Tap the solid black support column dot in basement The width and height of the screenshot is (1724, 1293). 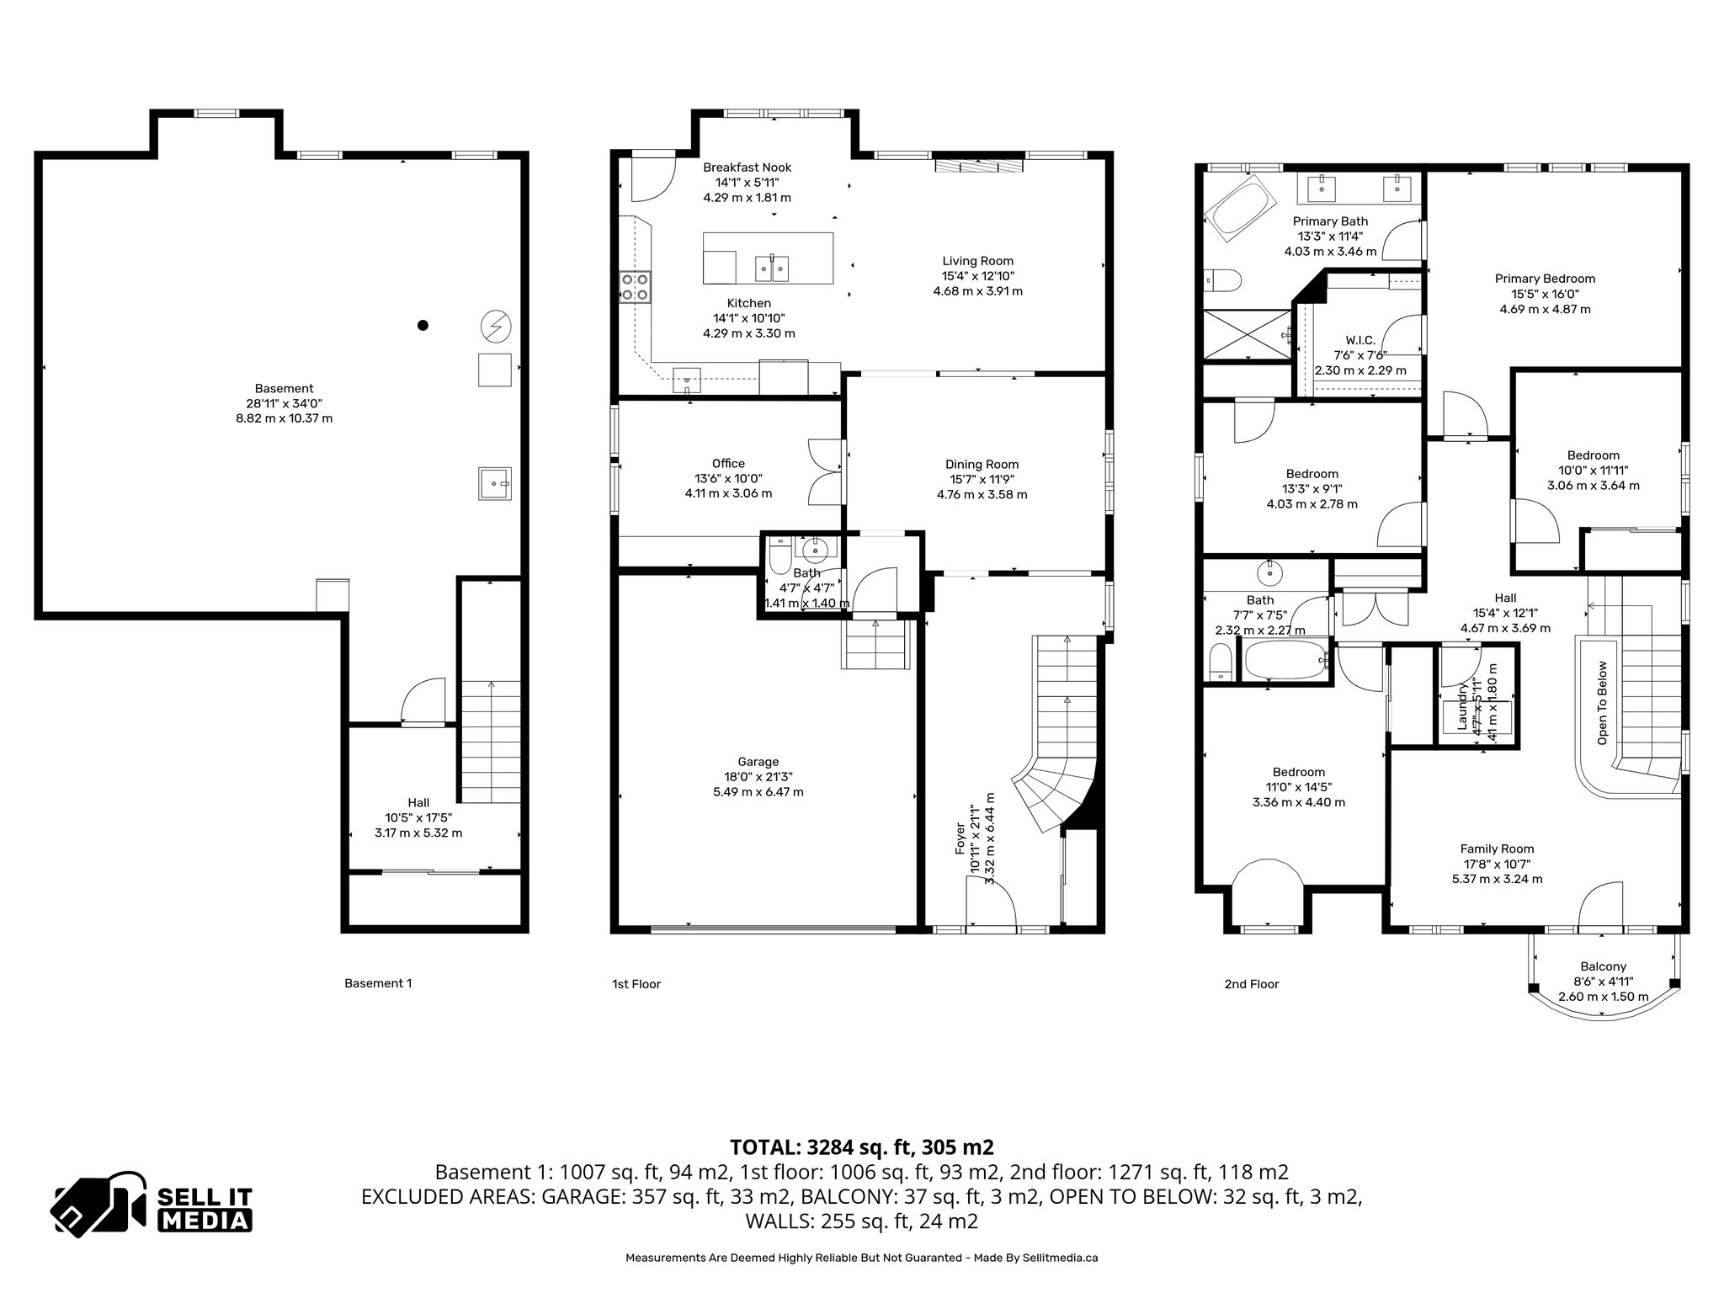click(423, 325)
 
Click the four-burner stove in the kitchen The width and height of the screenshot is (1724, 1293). click(635, 286)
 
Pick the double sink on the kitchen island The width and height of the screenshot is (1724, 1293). click(774, 269)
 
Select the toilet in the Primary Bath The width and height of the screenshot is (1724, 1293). click(1220, 279)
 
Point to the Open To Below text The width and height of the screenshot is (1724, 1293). click(1602, 703)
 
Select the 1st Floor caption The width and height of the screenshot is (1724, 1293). click(636, 983)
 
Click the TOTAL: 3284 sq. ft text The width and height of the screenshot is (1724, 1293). click(861, 1147)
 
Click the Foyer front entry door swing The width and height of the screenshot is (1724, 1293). click(991, 907)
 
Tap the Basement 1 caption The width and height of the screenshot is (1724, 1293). click(378, 982)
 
